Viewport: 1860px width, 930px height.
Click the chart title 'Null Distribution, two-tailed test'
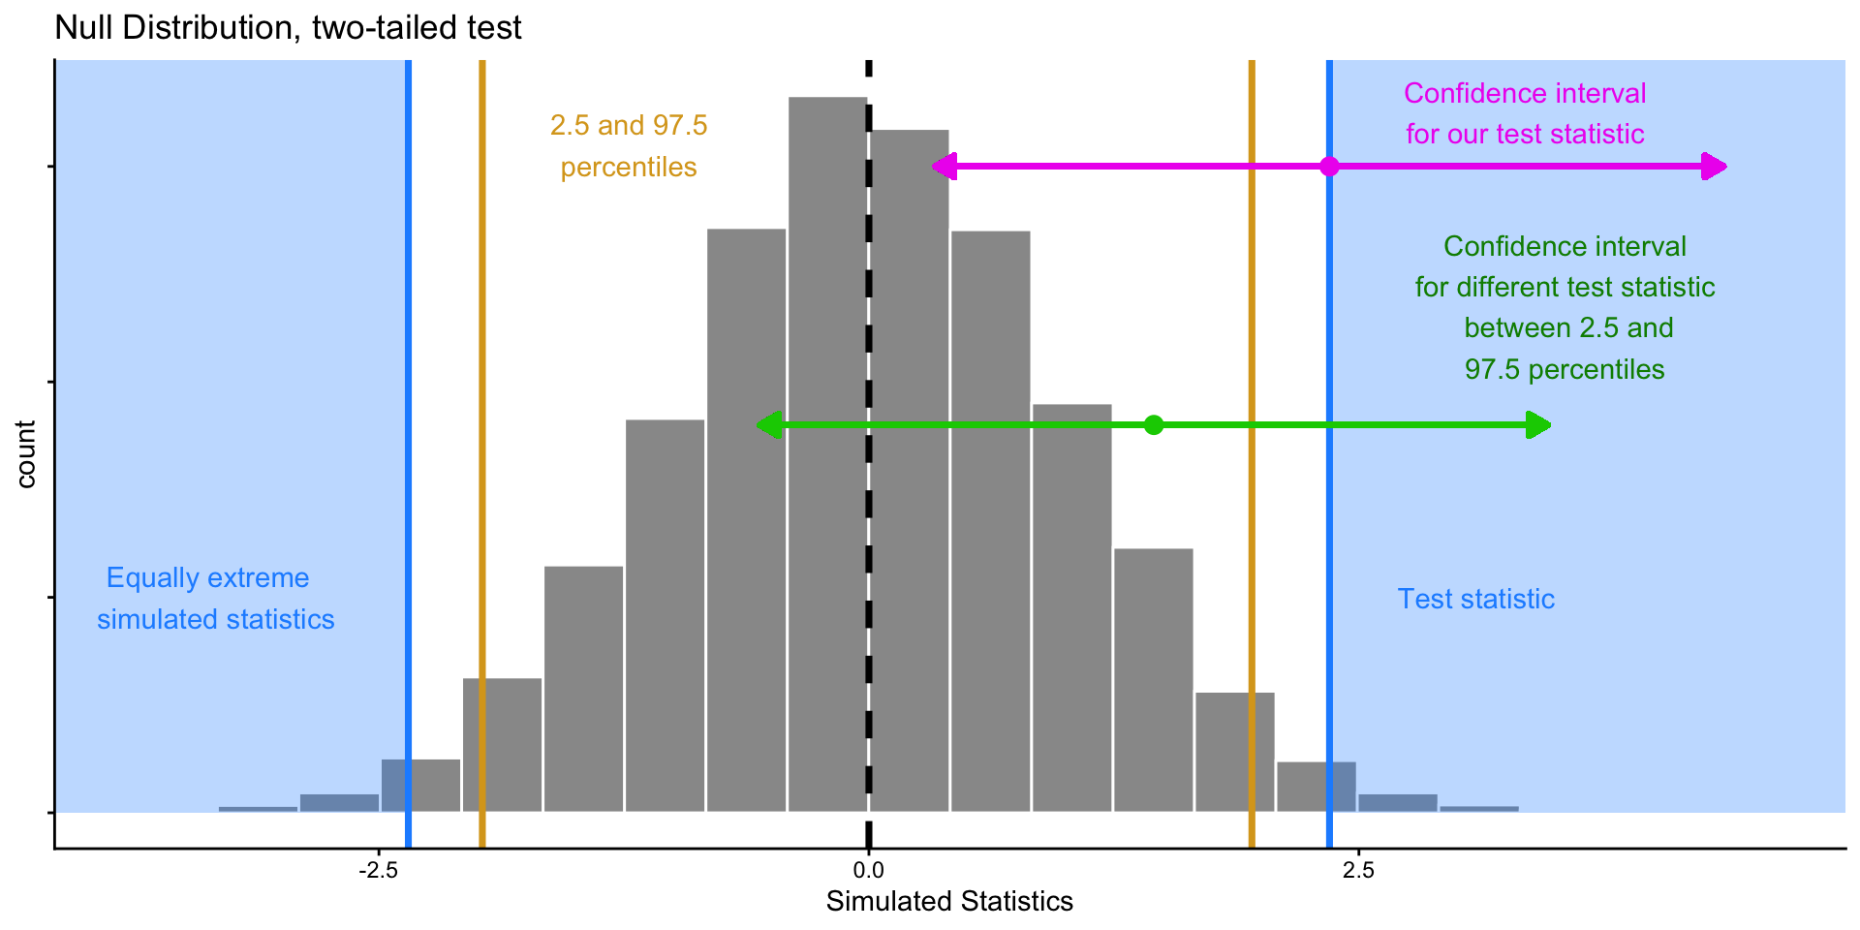tap(288, 27)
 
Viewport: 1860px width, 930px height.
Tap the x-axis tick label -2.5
tap(378, 871)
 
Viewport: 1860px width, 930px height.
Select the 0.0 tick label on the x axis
tap(868, 871)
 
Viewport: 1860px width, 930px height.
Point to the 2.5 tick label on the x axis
tap(1358, 871)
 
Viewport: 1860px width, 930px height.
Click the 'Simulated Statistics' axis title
tap(949, 902)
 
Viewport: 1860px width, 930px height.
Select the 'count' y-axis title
tap(26, 453)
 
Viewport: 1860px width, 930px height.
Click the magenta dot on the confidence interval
tap(1330, 167)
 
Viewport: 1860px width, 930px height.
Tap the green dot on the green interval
tap(1153, 424)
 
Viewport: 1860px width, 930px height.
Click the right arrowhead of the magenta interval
tap(1716, 167)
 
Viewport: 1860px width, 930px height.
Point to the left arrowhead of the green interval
tap(768, 424)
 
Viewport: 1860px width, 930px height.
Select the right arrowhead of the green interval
tap(1539, 424)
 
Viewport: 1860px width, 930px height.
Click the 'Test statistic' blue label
tap(1475, 599)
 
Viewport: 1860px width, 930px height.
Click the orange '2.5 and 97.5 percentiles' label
tap(629, 146)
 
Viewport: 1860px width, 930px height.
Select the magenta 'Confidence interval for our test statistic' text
tap(1525, 113)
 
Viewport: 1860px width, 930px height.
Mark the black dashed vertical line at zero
tap(869, 484)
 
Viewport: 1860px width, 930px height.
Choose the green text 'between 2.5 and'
tap(1568, 327)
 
